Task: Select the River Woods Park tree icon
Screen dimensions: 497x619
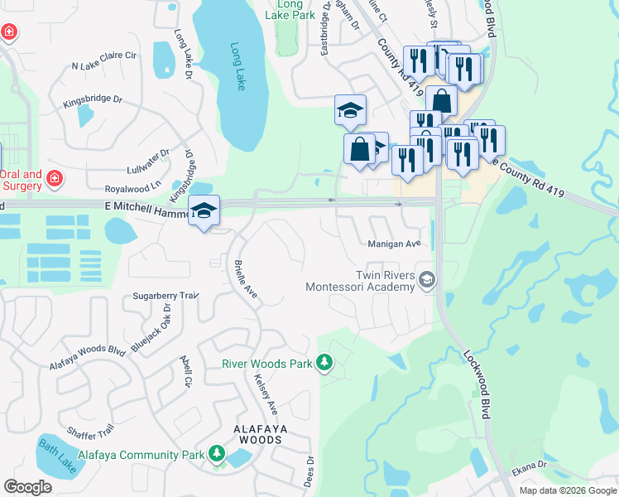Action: click(x=325, y=363)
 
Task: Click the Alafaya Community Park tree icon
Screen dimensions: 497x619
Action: click(x=217, y=454)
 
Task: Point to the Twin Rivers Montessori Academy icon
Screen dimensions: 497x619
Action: click(x=427, y=281)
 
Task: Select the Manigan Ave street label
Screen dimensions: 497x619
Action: click(x=395, y=244)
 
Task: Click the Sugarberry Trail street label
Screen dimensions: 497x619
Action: click(x=166, y=296)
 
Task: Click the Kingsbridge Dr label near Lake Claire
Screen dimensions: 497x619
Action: click(x=93, y=102)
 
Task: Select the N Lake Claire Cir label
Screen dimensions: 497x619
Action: click(x=103, y=60)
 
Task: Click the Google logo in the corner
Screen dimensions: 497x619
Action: click(x=27, y=487)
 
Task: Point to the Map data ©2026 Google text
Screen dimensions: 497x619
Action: click(x=568, y=490)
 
